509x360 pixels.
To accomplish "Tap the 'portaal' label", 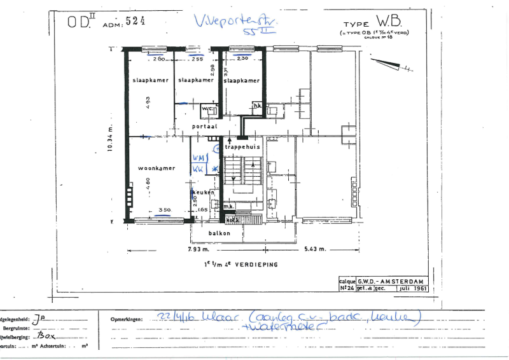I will (204, 127).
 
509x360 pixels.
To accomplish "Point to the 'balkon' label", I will (218, 233).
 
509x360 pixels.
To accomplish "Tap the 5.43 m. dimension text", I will (314, 249).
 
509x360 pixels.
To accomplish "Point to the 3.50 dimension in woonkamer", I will (164, 209).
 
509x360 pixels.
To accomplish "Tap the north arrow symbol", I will (389, 64).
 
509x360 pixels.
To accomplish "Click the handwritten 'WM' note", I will (198, 156).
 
